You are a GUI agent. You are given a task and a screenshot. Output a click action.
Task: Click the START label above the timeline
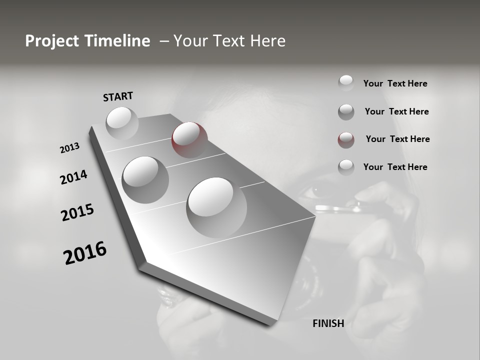click(x=118, y=96)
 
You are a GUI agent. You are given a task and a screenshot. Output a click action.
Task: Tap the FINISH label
click(x=328, y=323)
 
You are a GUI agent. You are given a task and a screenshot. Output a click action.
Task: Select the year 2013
click(x=70, y=148)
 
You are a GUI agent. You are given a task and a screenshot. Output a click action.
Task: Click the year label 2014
click(x=74, y=177)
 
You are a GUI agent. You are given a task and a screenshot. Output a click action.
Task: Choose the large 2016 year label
click(x=85, y=253)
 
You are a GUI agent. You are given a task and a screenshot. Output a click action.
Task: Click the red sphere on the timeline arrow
click(x=189, y=140)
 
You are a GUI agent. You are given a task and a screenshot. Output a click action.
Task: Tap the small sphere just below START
click(x=122, y=123)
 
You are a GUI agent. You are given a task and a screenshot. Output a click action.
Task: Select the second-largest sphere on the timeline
click(x=145, y=179)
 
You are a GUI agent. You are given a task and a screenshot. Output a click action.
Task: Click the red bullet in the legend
click(x=346, y=140)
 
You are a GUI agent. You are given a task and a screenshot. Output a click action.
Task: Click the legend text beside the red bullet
click(x=397, y=139)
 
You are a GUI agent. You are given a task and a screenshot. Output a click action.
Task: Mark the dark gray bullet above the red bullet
click(x=346, y=112)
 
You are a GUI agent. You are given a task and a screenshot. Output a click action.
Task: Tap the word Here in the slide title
click(x=266, y=41)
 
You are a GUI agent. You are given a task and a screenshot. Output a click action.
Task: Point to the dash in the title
click(x=163, y=41)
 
